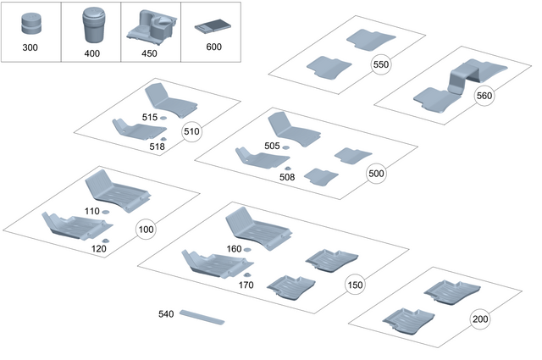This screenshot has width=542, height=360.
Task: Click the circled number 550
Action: [x=381, y=64]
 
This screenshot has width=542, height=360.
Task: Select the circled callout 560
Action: [x=484, y=96]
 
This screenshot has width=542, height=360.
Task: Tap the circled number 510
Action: [x=191, y=131]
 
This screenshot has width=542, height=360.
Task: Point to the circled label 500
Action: [x=377, y=173]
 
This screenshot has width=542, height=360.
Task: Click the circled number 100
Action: [x=146, y=230]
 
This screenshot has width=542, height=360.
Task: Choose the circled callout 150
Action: [x=355, y=285]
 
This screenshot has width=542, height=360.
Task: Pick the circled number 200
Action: [x=480, y=319]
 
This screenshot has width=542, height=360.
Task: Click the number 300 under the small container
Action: [x=31, y=47]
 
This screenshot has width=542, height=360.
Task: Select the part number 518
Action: [x=157, y=147]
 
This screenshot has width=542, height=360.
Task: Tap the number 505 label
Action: [x=272, y=147]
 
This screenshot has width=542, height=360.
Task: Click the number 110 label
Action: [x=92, y=211]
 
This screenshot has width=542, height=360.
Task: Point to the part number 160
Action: [x=234, y=249]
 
